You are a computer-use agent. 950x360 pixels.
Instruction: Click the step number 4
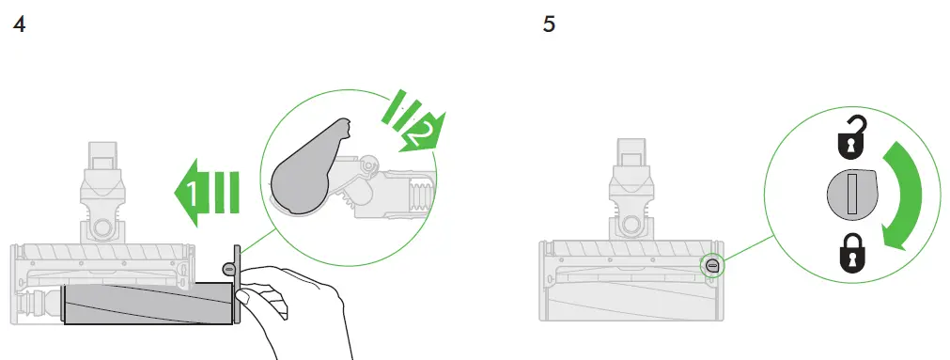point(20,24)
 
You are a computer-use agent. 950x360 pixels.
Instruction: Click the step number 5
point(549,24)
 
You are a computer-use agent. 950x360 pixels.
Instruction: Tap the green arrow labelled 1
point(206,193)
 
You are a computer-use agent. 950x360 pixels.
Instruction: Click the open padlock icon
point(852,135)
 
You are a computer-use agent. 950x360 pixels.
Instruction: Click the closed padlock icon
point(853,254)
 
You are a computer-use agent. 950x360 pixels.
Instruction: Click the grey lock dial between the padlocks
point(852,195)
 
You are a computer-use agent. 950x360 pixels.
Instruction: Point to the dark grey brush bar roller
point(148,303)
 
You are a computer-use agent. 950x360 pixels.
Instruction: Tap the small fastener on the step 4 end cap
point(230,268)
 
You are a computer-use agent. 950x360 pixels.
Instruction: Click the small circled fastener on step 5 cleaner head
point(712,265)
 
